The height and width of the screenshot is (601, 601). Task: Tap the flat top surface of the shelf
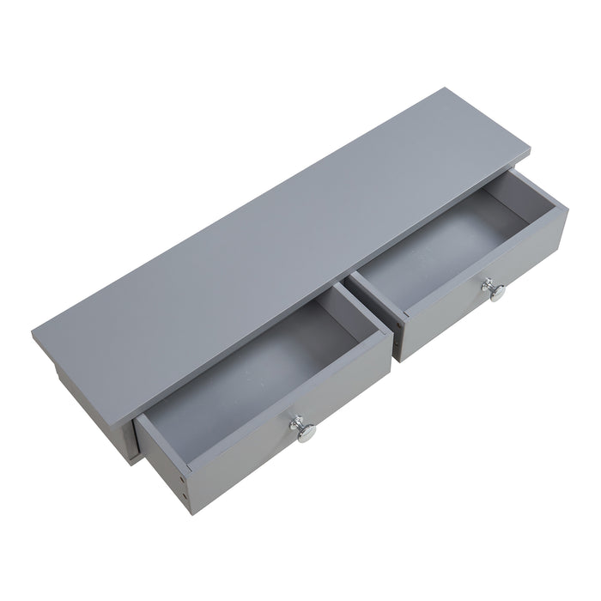pos(283,223)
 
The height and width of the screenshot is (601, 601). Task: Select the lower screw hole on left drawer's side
pos(184,496)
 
